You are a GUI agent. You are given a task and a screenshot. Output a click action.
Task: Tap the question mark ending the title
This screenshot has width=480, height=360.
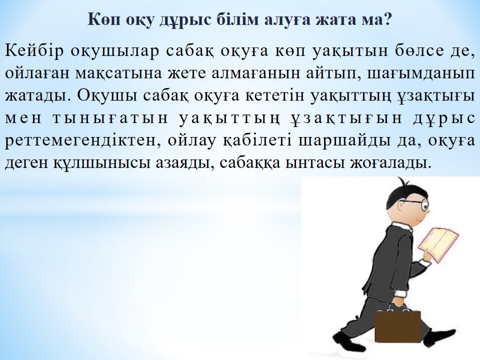pos(387,19)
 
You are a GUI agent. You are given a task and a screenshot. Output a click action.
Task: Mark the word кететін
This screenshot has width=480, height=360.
pos(274,96)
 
